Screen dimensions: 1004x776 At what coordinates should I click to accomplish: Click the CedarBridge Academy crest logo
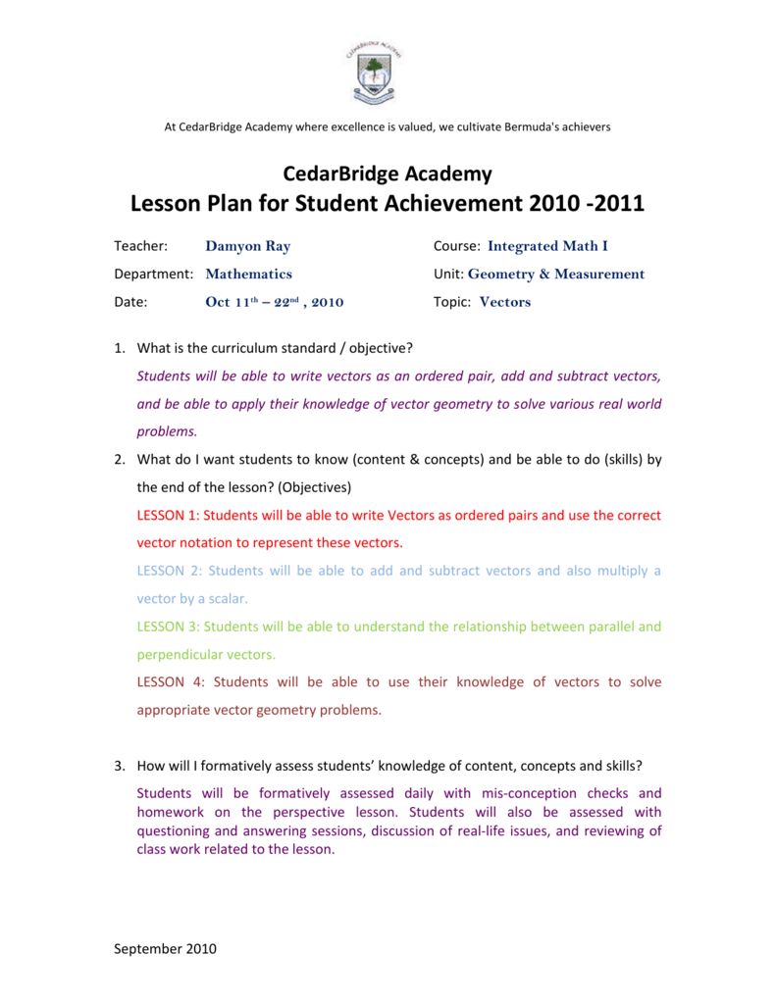tap(374, 73)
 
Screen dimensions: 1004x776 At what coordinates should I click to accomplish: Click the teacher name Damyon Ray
tap(247, 246)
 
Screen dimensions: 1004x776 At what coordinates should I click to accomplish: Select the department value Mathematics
tap(248, 274)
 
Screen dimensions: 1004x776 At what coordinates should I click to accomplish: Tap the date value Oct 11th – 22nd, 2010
tap(274, 302)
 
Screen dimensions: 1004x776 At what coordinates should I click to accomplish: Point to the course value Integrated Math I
tap(547, 246)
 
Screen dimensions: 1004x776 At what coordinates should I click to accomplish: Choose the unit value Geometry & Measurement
tap(556, 274)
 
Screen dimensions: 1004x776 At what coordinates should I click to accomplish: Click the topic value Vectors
tap(504, 302)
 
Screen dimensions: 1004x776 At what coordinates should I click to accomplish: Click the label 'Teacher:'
tap(141, 246)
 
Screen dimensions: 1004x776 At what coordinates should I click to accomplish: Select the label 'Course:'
tap(456, 246)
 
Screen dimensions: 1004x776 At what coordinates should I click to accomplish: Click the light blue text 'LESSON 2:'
tap(169, 571)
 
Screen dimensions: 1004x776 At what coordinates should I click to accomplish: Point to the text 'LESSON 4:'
tap(169, 682)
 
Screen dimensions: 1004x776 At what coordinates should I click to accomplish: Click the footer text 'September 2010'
tap(166, 948)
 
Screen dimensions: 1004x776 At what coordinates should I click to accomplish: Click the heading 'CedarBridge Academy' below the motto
tap(388, 174)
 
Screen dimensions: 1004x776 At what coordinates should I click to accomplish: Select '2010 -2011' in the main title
tap(587, 204)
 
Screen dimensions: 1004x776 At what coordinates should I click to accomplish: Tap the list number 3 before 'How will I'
tap(119, 766)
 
